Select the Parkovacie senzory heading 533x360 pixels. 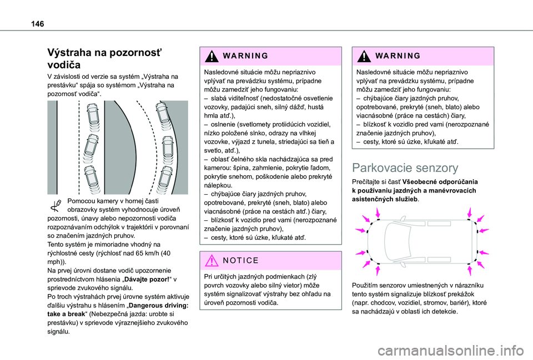tap(405, 168)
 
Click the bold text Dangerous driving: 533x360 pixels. tap(157, 305)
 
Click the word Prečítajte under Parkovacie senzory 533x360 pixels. tap(368, 181)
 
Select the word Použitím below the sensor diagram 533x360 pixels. tap(368, 285)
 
